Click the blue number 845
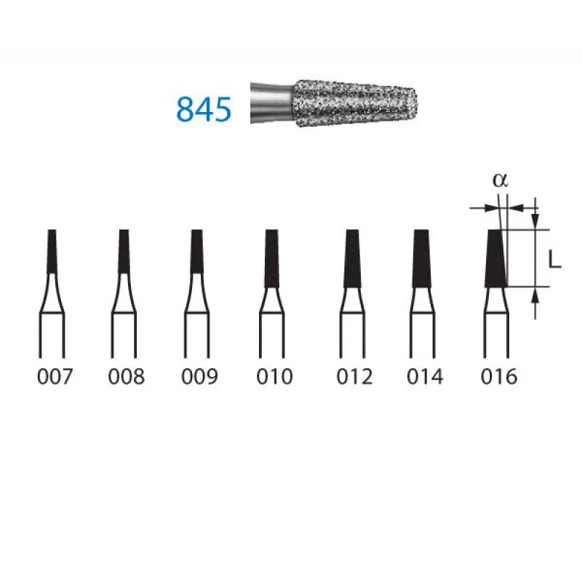tap(204, 110)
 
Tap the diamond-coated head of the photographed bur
tap(355, 103)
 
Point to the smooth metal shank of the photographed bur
tap(272, 103)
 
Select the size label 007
tap(55, 376)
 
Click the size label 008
tap(126, 376)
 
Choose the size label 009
tap(199, 376)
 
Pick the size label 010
tap(274, 376)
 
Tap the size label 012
tap(354, 376)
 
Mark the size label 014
tap(425, 376)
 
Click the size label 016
tap(499, 376)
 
